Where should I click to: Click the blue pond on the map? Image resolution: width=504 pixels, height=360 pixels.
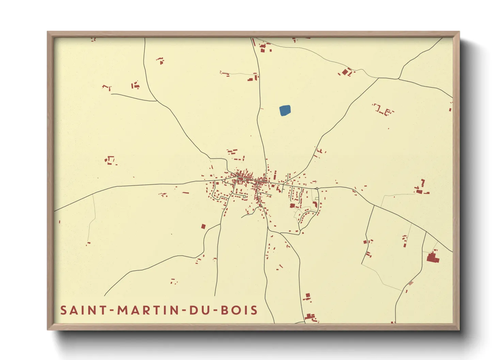(285, 111)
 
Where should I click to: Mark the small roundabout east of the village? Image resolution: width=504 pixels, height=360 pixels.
(317, 188)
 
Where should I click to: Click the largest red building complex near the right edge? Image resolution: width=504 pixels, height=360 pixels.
(432, 258)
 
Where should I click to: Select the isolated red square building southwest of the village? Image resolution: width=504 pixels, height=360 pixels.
(203, 226)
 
